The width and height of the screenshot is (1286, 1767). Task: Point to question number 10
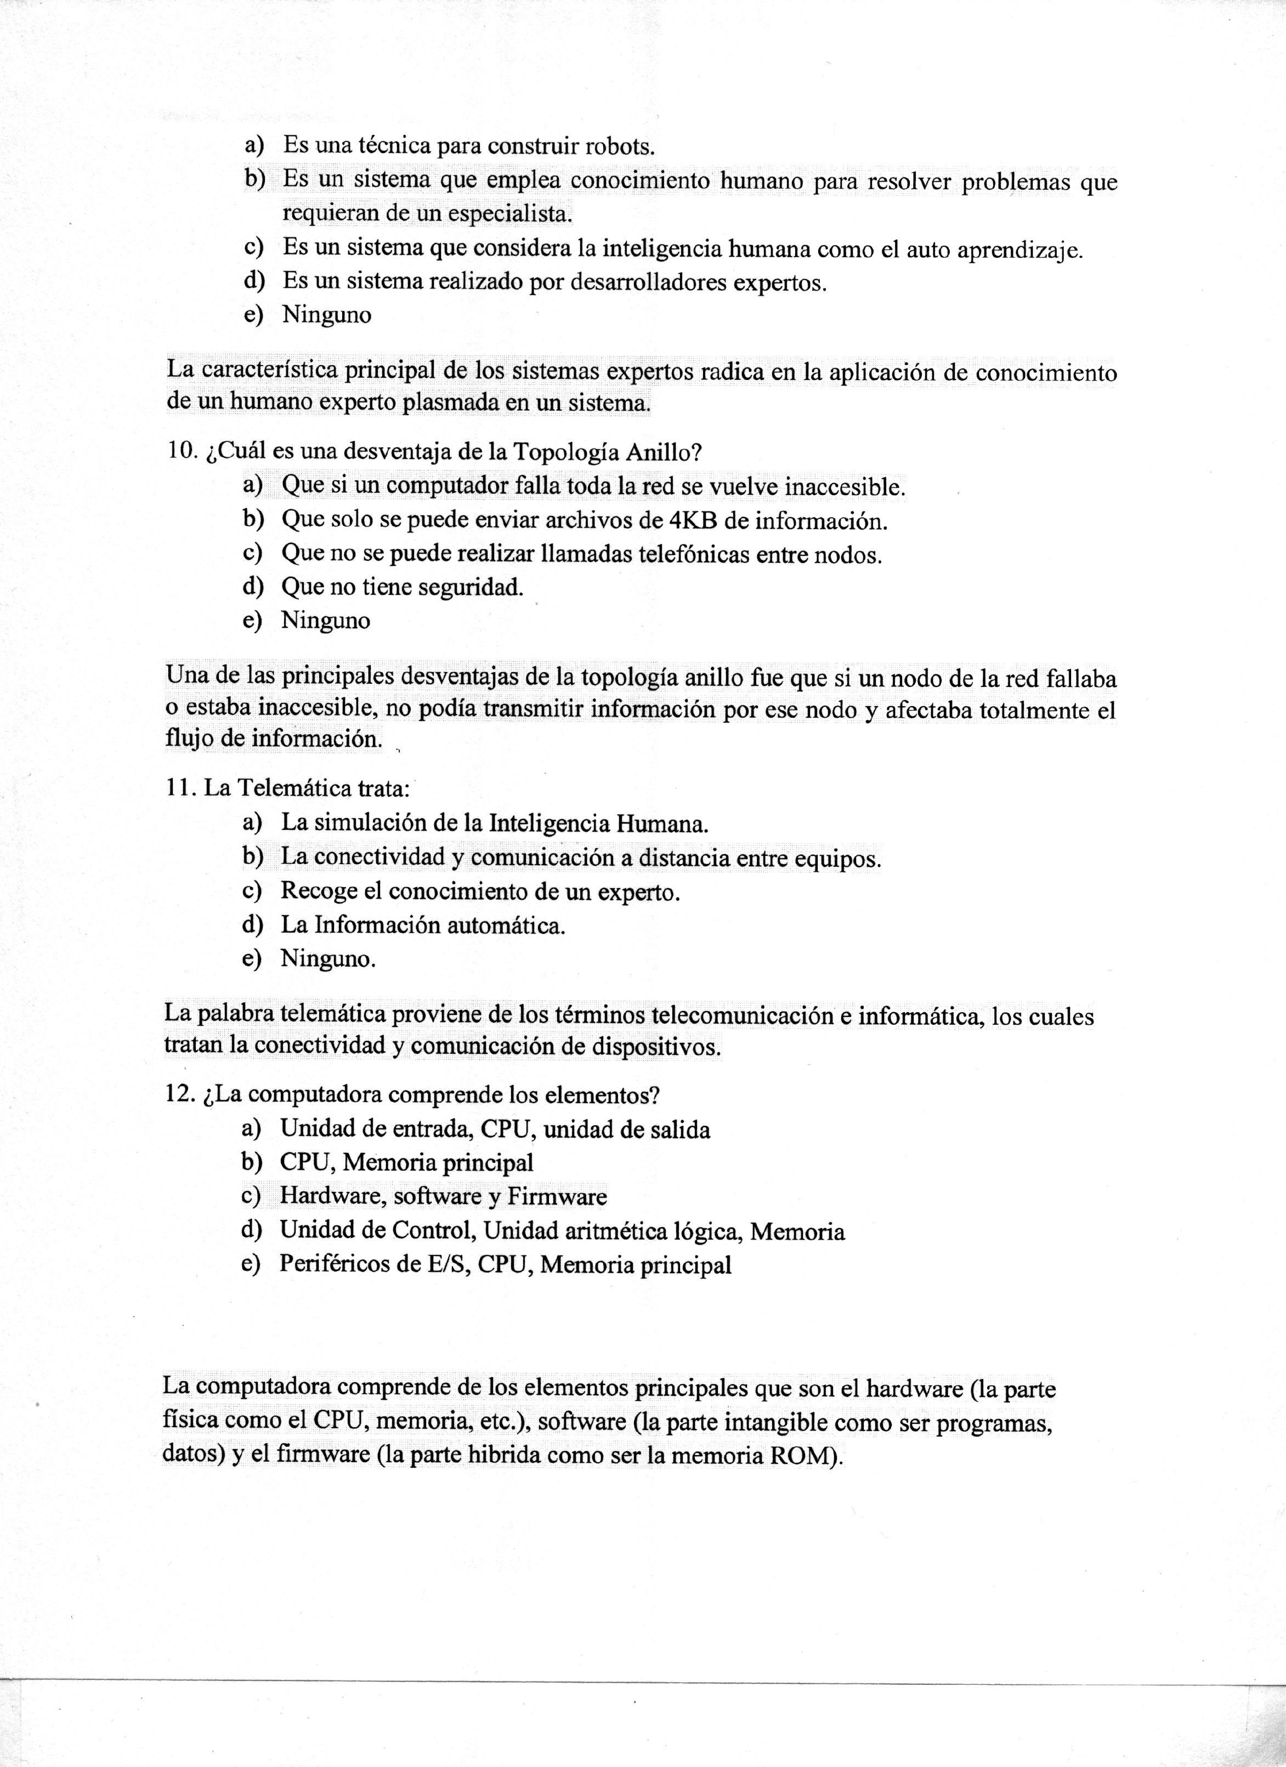pyautogui.click(x=183, y=452)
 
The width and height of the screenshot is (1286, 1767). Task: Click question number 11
pyautogui.click(x=181, y=788)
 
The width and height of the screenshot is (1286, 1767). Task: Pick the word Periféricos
pyautogui.click(x=336, y=1264)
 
